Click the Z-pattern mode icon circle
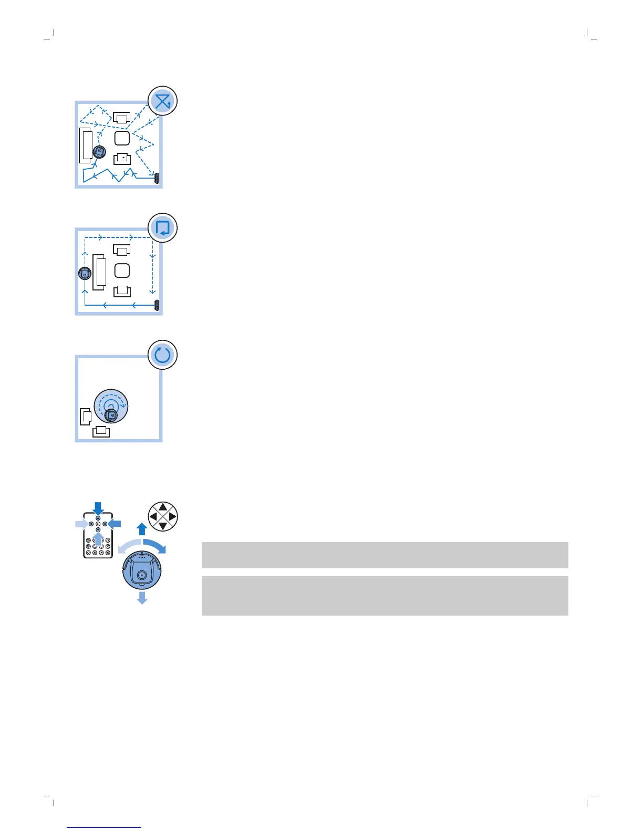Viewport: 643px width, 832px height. pyautogui.click(x=162, y=101)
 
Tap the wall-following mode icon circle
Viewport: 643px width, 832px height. pyautogui.click(x=162, y=228)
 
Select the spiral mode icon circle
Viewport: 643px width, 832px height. pyautogui.click(x=162, y=355)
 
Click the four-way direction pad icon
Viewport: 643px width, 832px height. pyautogui.click(x=163, y=516)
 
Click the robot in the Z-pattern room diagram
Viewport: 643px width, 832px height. pyautogui.click(x=99, y=152)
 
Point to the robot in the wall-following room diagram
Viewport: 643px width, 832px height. pyautogui.click(x=85, y=273)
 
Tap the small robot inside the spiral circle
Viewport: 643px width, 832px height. pyautogui.click(x=110, y=415)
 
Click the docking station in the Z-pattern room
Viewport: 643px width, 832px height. pyautogui.click(x=157, y=178)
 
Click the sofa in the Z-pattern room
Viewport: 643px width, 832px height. pyautogui.click(x=86, y=145)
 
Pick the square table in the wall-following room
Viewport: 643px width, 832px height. pyautogui.click(x=122, y=271)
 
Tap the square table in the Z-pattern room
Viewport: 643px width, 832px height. pyautogui.click(x=122, y=138)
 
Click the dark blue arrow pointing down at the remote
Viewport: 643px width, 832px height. pyautogui.click(x=98, y=508)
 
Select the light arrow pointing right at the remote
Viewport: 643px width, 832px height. pyautogui.click(x=81, y=524)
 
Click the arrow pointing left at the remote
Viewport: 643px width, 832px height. pyautogui.click(x=115, y=524)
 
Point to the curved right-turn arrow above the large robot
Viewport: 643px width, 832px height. pyautogui.click(x=155, y=545)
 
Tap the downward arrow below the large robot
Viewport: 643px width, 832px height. pyautogui.click(x=142, y=598)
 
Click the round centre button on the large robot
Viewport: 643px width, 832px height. pyautogui.click(x=141, y=576)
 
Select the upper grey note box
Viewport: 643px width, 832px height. pyautogui.click(x=385, y=555)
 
